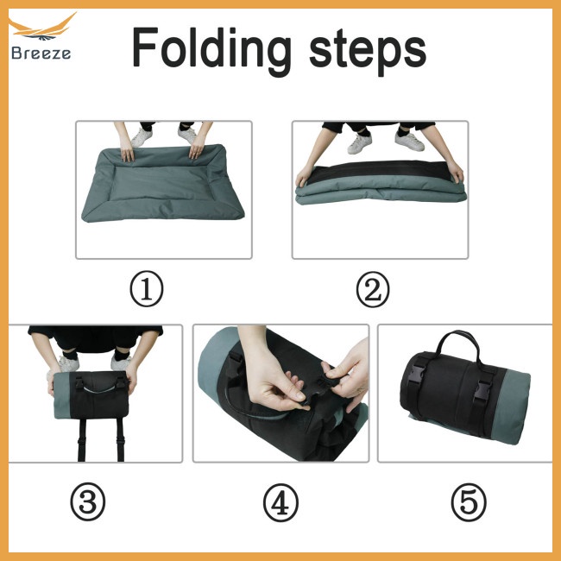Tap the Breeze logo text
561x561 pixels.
tap(41, 53)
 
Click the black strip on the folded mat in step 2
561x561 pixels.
tap(380, 169)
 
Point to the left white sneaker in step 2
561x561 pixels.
tap(360, 142)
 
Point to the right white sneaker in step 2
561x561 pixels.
tap(409, 139)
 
